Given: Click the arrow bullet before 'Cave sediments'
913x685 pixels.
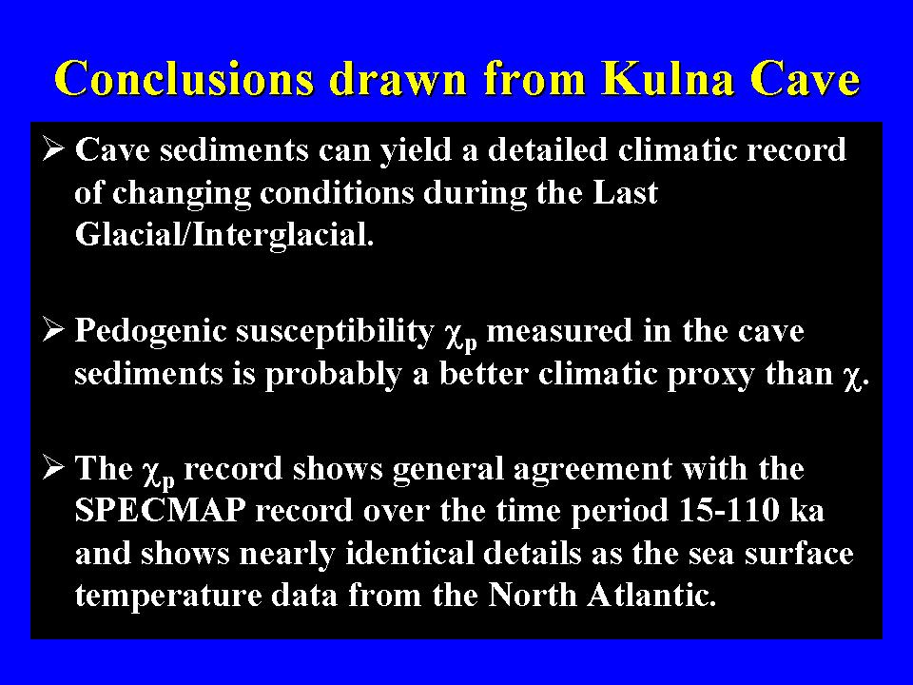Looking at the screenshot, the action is (53, 149).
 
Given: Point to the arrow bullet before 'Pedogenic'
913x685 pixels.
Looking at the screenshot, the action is (53, 330).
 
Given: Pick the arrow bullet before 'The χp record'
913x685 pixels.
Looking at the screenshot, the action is (53, 468).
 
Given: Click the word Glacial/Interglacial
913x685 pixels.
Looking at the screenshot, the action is (224, 234).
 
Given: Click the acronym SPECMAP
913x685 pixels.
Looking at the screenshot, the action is (160, 510).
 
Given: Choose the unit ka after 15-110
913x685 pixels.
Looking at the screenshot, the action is (807, 510).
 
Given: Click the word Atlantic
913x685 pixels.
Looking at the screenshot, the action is (651, 595).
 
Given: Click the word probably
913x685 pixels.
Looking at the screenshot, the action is (333, 375).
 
